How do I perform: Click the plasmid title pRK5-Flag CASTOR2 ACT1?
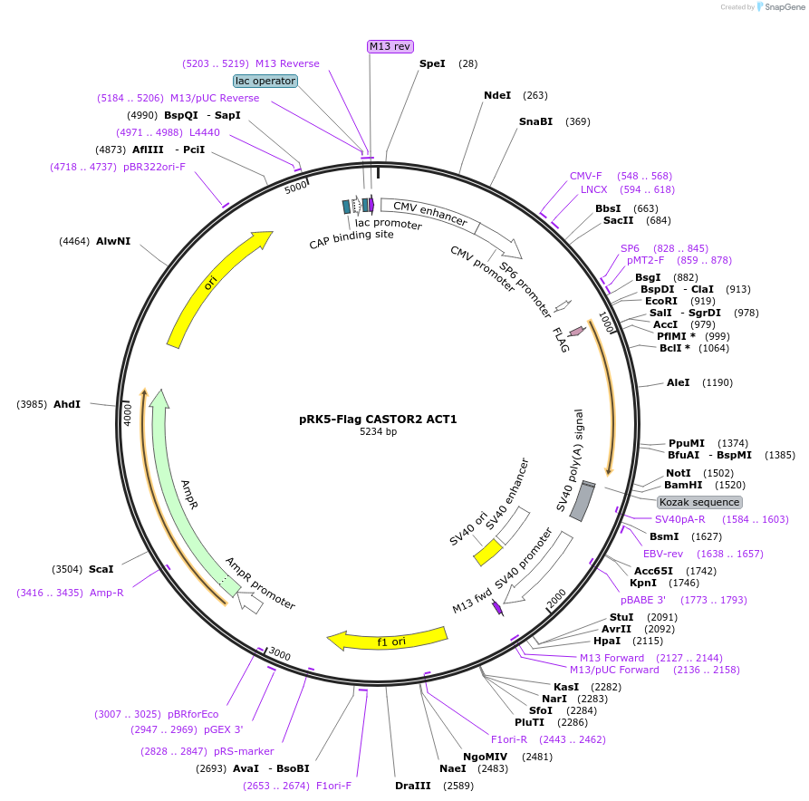point(378,420)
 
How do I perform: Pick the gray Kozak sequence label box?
point(699,502)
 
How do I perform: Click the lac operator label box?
point(265,81)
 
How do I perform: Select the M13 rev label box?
point(390,46)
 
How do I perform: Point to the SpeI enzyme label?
point(432,63)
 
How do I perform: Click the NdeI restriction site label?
point(497,95)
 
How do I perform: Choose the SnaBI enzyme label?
point(535,121)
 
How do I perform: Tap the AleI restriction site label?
point(678,382)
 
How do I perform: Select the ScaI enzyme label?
point(101,569)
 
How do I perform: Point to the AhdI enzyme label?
point(67,404)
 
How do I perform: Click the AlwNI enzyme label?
point(113,241)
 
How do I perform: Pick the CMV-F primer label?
point(585,176)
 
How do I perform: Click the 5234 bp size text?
point(378,432)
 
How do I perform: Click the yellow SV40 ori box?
point(489,552)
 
